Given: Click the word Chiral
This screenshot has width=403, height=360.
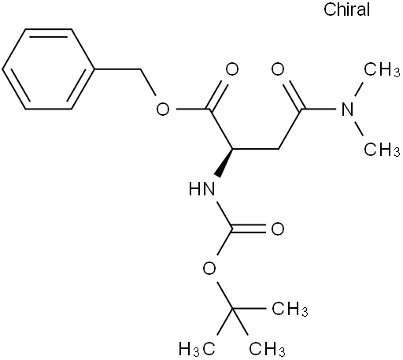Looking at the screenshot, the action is [x=346, y=9].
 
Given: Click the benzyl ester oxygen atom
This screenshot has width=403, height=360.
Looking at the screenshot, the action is [x=163, y=109].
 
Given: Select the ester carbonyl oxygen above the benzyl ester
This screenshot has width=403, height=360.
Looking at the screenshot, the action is [x=232, y=69].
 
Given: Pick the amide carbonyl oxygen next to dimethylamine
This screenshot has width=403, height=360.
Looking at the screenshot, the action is [x=278, y=69].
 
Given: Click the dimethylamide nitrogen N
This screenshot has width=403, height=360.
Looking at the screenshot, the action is [x=348, y=109].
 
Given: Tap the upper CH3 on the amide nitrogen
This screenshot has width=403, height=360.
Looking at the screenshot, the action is [x=382, y=69].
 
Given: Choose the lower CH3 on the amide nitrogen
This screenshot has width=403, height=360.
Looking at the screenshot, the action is [x=382, y=150].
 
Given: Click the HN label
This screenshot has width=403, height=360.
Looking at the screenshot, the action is [x=201, y=189].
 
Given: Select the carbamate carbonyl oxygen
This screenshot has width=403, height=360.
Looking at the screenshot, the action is [x=278, y=229].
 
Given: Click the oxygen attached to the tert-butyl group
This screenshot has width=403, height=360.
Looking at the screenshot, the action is [x=209, y=269].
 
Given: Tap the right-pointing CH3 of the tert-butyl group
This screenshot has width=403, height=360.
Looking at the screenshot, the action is [x=290, y=309].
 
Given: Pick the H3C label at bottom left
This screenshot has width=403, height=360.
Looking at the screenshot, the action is [x=197, y=349].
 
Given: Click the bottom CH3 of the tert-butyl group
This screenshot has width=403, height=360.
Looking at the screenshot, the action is [x=267, y=349].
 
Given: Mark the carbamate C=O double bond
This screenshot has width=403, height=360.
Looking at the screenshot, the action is [x=249, y=229].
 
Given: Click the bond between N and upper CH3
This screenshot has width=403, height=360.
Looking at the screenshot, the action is [x=359, y=90].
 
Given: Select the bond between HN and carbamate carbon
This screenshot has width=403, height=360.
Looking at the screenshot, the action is [x=225, y=215].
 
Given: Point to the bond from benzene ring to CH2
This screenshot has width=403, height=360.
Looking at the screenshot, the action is [x=117, y=69].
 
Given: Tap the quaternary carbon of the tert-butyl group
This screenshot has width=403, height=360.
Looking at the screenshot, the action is [x=232, y=309].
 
